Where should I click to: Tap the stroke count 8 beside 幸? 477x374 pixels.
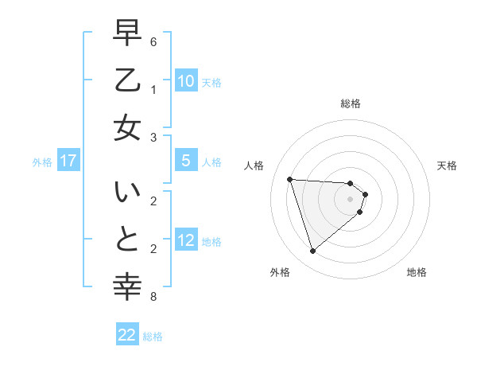(x=153, y=298)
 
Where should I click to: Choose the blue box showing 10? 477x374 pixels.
(x=185, y=81)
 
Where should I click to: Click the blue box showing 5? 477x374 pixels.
(x=185, y=161)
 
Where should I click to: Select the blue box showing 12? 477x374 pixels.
(x=185, y=240)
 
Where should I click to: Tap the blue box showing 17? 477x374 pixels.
(x=68, y=161)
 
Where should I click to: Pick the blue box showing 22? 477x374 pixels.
(x=127, y=335)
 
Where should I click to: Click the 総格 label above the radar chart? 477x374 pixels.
(x=351, y=103)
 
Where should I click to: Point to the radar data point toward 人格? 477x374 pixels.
(x=290, y=179)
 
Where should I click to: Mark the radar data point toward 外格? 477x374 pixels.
(x=312, y=251)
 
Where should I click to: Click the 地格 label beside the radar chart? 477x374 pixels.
(x=417, y=272)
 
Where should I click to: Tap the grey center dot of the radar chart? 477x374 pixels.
(x=351, y=198)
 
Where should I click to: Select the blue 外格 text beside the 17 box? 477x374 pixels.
(x=42, y=162)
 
